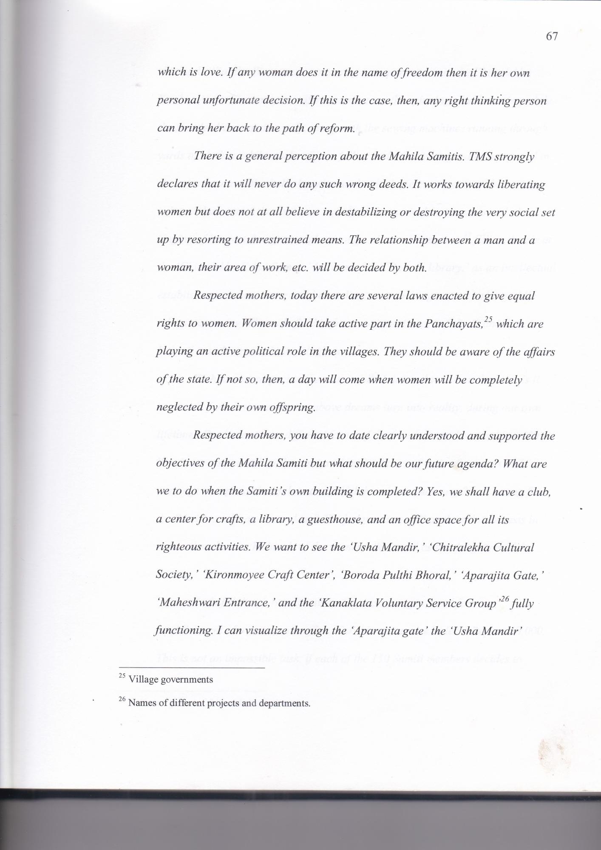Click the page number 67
pyautogui.click(x=551, y=37)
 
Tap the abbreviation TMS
pyautogui.click(x=486, y=157)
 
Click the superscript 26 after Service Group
pyautogui.click(x=505, y=599)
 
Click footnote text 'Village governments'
pyautogui.click(x=170, y=679)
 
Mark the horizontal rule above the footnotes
pyautogui.click(x=192, y=668)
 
